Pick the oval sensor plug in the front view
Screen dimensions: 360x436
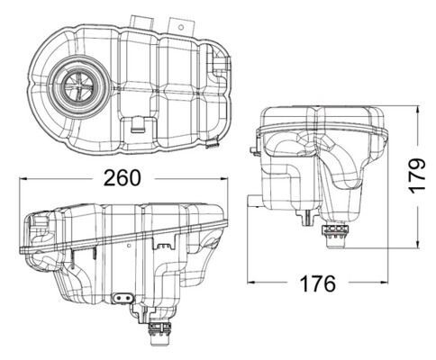(121, 299)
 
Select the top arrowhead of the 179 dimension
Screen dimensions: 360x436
(420, 109)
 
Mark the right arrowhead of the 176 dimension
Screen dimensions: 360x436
(389, 284)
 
